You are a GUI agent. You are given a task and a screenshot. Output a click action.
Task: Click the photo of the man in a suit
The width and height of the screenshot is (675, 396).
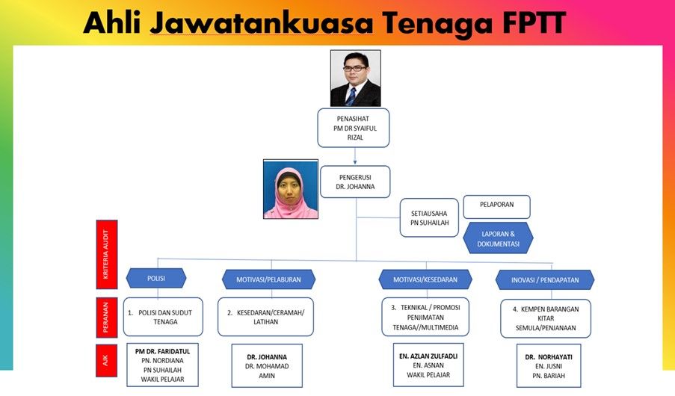coord(355,78)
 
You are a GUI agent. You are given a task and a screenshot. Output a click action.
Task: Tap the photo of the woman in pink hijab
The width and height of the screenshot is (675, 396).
coord(290,188)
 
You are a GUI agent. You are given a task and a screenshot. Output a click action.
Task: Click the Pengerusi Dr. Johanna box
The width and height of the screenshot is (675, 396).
coord(355,182)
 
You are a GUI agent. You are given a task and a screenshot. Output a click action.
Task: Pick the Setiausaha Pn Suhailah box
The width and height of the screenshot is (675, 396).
coord(429,217)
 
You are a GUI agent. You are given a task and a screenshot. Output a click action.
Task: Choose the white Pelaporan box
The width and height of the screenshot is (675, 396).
coord(496,207)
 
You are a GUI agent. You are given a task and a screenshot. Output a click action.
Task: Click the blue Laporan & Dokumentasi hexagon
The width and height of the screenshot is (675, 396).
coord(499,238)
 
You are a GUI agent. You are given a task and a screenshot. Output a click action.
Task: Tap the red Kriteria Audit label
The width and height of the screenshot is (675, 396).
coord(107,254)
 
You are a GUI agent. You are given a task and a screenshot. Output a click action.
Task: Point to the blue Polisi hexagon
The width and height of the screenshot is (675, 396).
coord(156,279)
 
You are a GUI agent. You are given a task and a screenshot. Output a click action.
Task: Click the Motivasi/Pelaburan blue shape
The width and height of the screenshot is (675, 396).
coord(269,279)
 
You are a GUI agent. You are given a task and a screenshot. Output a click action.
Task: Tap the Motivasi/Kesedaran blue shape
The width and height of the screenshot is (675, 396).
coord(425,279)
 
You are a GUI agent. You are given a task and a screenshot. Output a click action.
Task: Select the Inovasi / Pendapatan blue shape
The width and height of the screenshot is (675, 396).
coord(544,280)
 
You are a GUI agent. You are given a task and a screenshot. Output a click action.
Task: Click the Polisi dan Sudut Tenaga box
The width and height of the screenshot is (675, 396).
coord(163,317)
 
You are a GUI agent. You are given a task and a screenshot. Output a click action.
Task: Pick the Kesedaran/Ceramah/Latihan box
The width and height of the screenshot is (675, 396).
coord(265,318)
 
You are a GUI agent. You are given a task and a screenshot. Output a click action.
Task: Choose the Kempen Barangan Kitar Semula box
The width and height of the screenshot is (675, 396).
coord(544,318)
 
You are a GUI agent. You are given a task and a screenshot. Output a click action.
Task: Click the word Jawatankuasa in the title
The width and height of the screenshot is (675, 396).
coord(261,24)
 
